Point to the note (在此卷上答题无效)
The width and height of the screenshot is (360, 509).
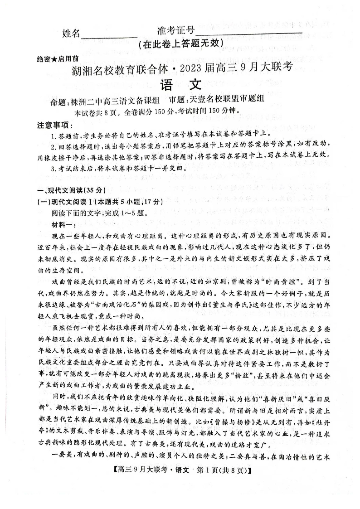180,44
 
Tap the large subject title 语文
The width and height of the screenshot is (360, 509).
180,85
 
